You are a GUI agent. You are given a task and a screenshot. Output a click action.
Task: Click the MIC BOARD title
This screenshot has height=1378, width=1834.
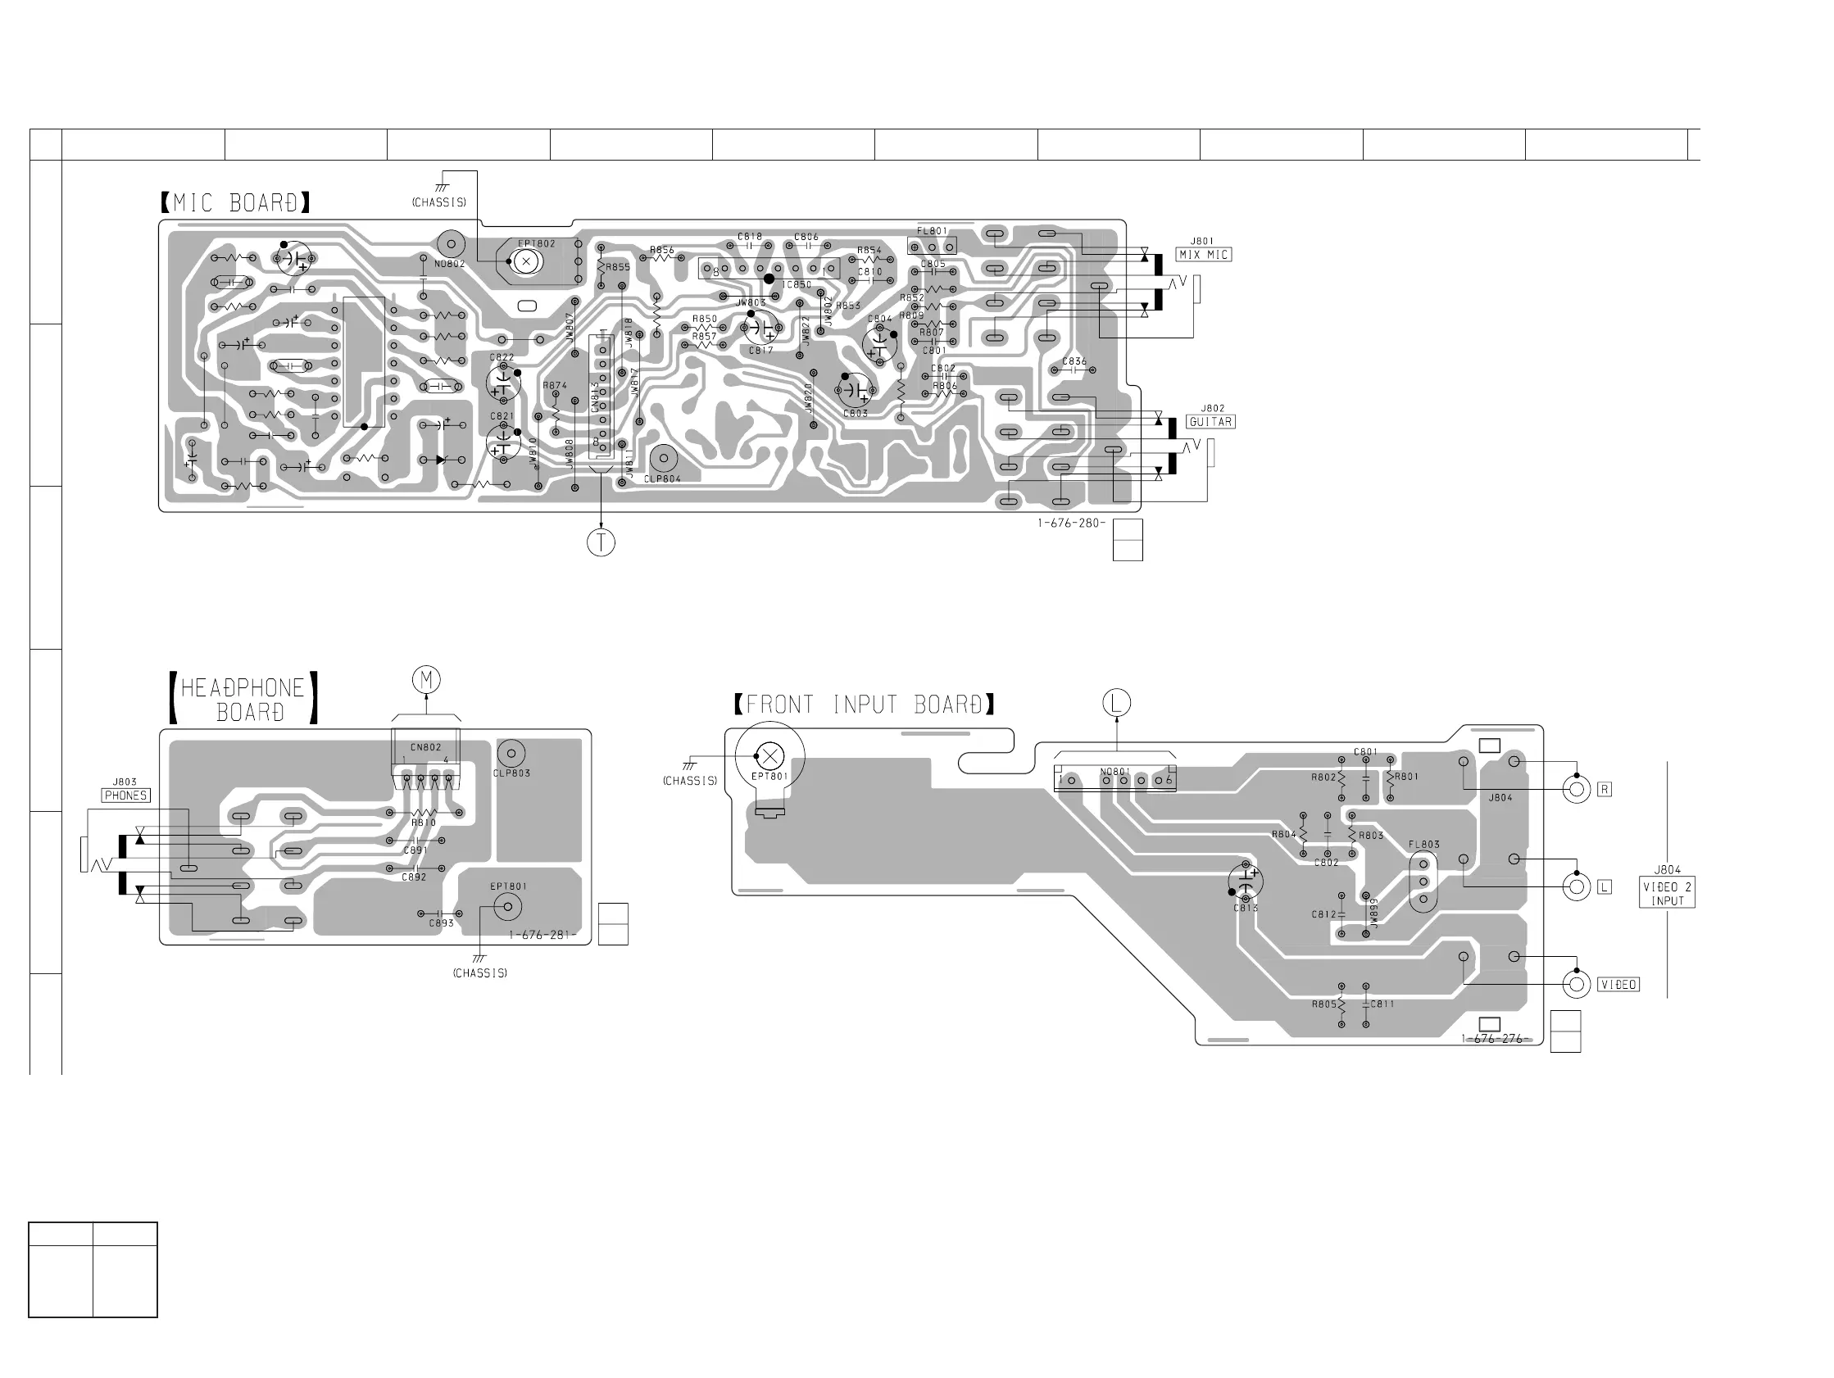coord(235,203)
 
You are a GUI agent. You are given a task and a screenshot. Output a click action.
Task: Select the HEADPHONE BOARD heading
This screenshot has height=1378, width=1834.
coord(243,700)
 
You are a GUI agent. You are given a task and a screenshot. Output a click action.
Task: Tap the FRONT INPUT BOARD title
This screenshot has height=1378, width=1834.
coord(864,705)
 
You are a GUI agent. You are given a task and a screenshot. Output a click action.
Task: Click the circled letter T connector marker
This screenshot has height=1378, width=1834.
coord(601,542)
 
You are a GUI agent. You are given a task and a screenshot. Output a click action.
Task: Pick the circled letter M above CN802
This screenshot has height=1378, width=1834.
coord(426,681)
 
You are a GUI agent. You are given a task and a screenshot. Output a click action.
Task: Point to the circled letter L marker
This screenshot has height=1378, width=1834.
coord(1116,703)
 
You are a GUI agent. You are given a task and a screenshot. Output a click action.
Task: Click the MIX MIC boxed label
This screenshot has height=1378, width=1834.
coord(1204,255)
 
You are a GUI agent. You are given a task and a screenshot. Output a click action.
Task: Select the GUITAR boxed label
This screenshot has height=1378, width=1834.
coord(1210,422)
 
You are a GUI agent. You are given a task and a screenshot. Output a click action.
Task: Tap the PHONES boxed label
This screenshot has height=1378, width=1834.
coord(125,796)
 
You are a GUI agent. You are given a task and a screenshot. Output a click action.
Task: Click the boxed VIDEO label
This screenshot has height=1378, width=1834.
coord(1618,985)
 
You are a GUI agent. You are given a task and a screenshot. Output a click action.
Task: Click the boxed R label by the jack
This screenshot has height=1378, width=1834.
coord(1605,789)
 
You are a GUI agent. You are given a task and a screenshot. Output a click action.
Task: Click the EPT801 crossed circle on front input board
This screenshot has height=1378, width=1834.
coord(770,755)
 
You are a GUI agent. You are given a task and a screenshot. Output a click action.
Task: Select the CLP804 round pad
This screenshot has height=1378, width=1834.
coord(664,459)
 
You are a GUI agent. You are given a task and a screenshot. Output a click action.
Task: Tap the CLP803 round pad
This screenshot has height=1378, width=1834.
coord(511,754)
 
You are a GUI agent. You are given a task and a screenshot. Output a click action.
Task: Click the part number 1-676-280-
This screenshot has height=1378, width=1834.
coord(1070,524)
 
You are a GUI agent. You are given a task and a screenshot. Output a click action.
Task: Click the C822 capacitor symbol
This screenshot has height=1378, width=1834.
coord(502,383)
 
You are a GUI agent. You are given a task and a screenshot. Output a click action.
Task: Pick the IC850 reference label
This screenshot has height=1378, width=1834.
coord(797,285)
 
